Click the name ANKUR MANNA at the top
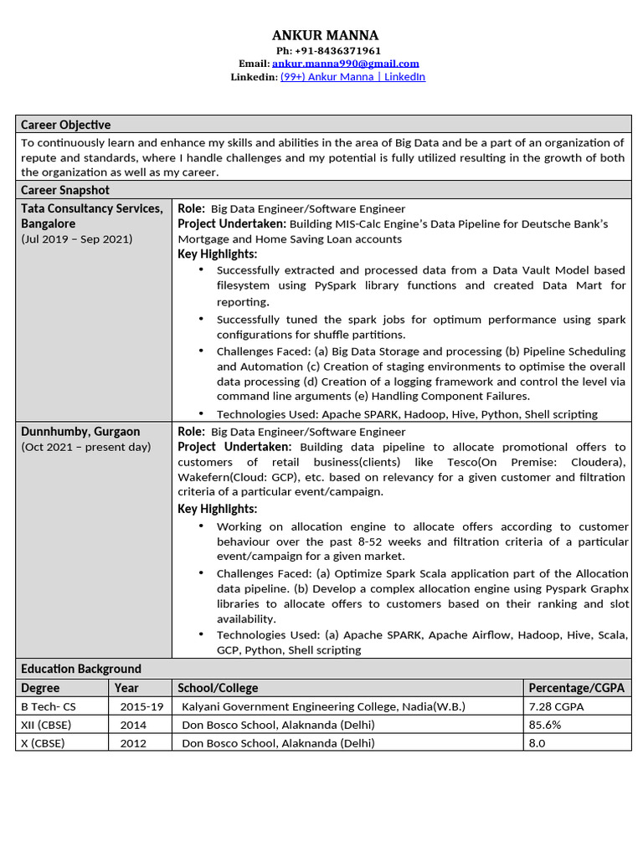[x=325, y=35]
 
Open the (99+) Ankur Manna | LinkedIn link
[x=352, y=77]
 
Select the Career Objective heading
[x=66, y=125]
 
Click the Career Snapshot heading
[x=65, y=191]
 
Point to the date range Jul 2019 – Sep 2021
[x=77, y=239]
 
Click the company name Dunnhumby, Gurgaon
[x=80, y=432]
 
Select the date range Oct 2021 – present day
[x=86, y=447]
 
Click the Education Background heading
[x=81, y=669]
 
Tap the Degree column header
[x=40, y=688]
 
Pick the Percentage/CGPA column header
[x=569, y=688]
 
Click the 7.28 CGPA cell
[x=557, y=706]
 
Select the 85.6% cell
[x=545, y=725]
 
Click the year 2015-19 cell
[x=141, y=706]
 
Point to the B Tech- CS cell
[x=49, y=706]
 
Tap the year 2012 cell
[x=133, y=743]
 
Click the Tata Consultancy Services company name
[x=92, y=208]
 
